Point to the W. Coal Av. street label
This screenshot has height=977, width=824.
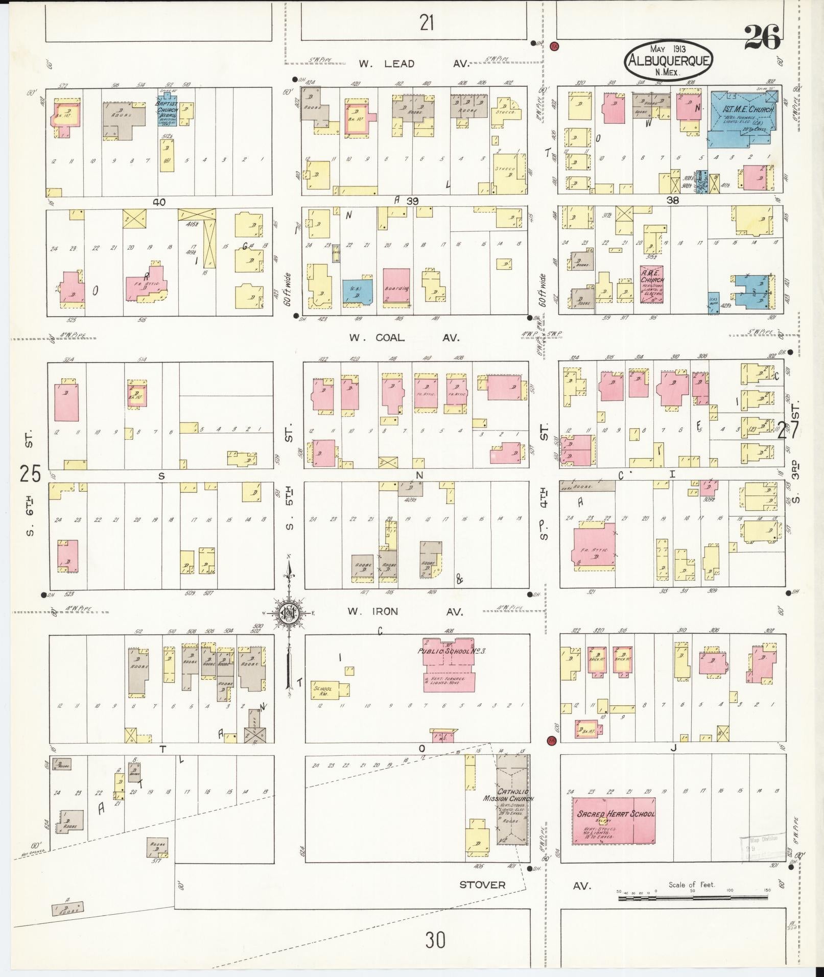[x=404, y=338]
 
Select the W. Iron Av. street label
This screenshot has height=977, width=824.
[x=405, y=611]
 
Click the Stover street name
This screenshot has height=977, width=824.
[x=482, y=885]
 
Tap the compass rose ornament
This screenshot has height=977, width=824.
[x=289, y=612]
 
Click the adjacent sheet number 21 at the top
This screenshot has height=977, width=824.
[x=427, y=22]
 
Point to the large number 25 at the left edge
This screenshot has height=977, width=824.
[x=30, y=474]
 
